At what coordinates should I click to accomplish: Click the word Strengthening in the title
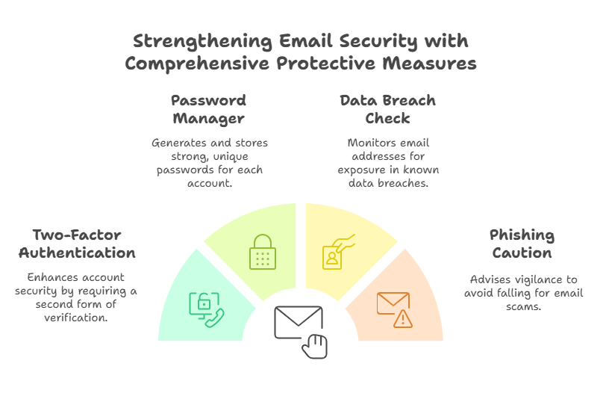[x=203, y=42]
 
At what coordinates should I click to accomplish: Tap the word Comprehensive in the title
[x=197, y=64]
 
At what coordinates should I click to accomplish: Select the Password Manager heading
[x=209, y=110]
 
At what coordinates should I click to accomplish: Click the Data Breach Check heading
[x=387, y=109]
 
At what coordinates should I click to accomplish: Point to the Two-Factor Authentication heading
[x=78, y=244]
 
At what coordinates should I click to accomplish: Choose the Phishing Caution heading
[x=522, y=244]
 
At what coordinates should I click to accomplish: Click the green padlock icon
[x=263, y=252]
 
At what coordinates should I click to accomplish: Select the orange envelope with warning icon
[x=395, y=310]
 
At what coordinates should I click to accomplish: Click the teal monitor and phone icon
[x=207, y=310]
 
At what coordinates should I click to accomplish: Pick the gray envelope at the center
[x=298, y=322]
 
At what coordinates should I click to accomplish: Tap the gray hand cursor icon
[x=315, y=346]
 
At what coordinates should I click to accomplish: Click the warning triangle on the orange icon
[x=403, y=319]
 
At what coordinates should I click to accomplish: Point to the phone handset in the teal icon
[x=215, y=318]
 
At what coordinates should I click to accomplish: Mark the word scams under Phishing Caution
[x=523, y=306]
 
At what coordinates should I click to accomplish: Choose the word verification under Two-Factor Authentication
[x=76, y=318]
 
